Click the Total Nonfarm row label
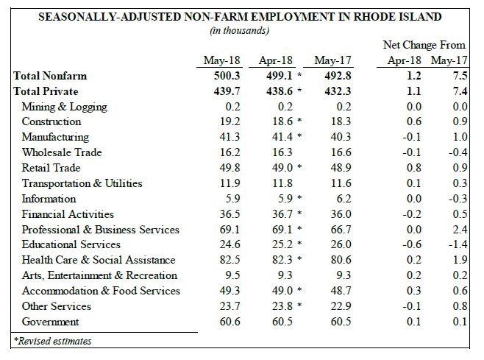pyautogui.click(x=50, y=76)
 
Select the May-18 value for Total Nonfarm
pyautogui.click(x=227, y=76)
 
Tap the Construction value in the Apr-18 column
pyautogui.click(x=282, y=121)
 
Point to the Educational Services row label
pyautogui.click(x=71, y=244)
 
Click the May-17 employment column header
pyautogui.click(x=332, y=60)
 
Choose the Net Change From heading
pyautogui.click(x=424, y=45)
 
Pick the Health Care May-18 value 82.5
pyautogui.click(x=230, y=260)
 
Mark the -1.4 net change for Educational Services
pyautogui.click(x=458, y=244)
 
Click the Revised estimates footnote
pyautogui.click(x=52, y=341)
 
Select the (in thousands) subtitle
pyautogui.click(x=240, y=31)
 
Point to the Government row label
pyautogui.click(x=50, y=322)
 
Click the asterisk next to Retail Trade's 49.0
pyautogui.click(x=299, y=167)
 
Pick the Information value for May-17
pyautogui.click(x=344, y=198)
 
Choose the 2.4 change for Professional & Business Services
pyautogui.click(x=460, y=230)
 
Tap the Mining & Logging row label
pyautogui.click(x=65, y=107)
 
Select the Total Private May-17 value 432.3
pyautogui.click(x=338, y=91)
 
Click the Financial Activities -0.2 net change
pyautogui.click(x=412, y=213)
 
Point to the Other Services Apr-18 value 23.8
pyautogui.click(x=282, y=306)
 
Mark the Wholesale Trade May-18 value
pyautogui.click(x=230, y=152)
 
